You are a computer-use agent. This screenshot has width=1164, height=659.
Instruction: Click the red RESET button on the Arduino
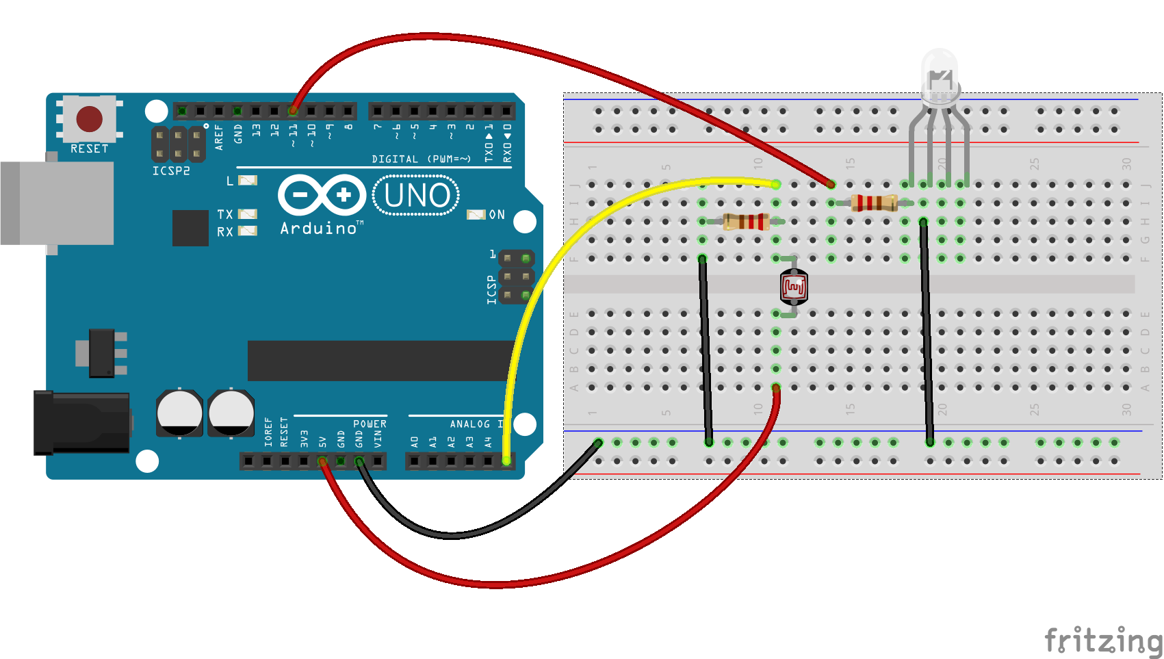(x=90, y=119)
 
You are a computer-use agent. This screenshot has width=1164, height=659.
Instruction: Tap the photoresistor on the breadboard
(x=794, y=287)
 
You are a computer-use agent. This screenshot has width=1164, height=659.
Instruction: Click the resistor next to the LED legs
(x=874, y=203)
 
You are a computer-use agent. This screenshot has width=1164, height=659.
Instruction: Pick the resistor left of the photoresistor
(x=747, y=221)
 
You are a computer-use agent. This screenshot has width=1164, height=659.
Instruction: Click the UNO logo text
(x=416, y=196)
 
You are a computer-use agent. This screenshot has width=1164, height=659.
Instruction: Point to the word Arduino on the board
(x=319, y=229)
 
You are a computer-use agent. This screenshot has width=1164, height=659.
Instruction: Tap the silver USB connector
(x=58, y=203)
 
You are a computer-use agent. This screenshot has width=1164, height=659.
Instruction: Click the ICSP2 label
(x=171, y=171)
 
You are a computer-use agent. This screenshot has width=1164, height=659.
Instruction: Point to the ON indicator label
(x=497, y=215)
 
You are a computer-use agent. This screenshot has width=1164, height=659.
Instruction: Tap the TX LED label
(x=225, y=214)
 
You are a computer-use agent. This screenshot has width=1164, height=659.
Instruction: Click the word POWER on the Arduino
(x=370, y=424)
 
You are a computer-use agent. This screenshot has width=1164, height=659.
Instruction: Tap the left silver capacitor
(x=179, y=413)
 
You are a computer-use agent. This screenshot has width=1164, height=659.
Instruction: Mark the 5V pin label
(x=322, y=439)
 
